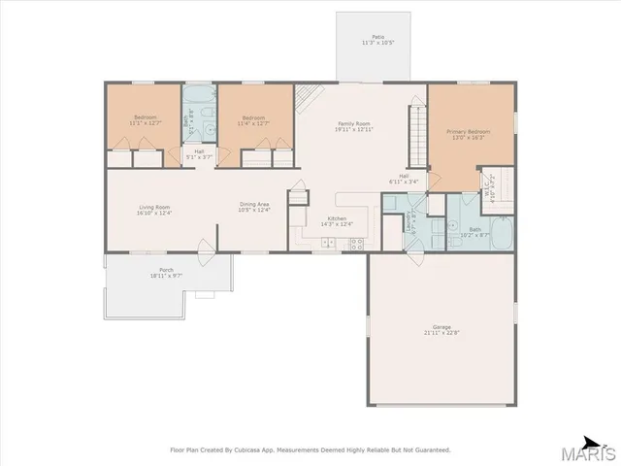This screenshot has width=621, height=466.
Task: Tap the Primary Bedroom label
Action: pos(468,134)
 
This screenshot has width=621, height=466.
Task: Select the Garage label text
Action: pos(441,330)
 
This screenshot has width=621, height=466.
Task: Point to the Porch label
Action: pos(167,273)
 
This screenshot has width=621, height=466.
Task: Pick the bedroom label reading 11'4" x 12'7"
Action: pos(254,121)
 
